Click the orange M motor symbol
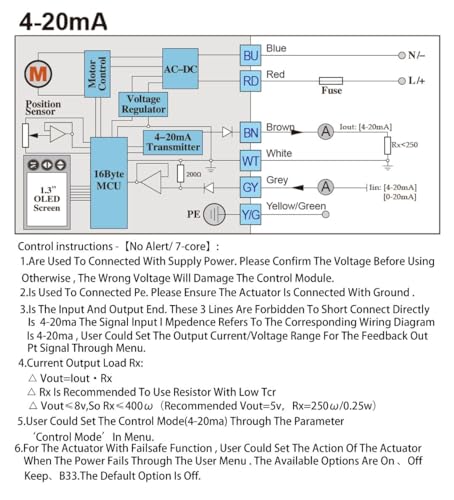pyautogui.click(x=38, y=74)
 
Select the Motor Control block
pyautogui.click(x=97, y=74)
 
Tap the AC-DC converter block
pyautogui.click(x=180, y=69)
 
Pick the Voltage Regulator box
pyautogui.click(x=143, y=104)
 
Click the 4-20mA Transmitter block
pyautogui.click(x=173, y=142)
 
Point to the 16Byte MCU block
pyautogui.click(x=109, y=183)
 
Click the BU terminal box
pyautogui.click(x=250, y=55)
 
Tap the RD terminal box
pyautogui.click(x=250, y=81)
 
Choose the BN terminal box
pyautogui.click(x=250, y=133)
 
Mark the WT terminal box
pyautogui.click(x=250, y=161)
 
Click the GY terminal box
pyautogui.click(x=250, y=187)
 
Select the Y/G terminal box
pyautogui.click(x=250, y=215)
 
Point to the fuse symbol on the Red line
pyautogui.click(x=331, y=81)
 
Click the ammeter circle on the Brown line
pyautogui.click(x=326, y=131)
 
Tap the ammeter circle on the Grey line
pyautogui.click(x=326, y=187)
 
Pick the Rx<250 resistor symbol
pyautogui.click(x=387, y=146)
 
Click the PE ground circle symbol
pyautogui.click(x=214, y=214)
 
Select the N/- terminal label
pyautogui.click(x=416, y=55)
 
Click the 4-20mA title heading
pyautogui.click(x=63, y=22)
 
